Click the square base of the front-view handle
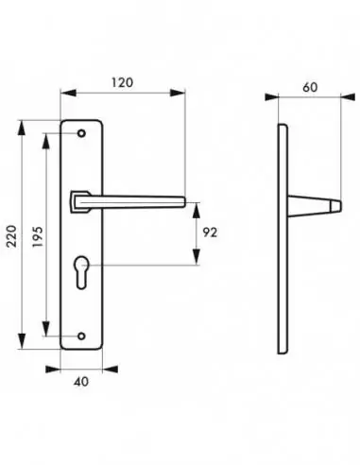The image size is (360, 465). [79, 199]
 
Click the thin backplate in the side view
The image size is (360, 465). [282, 236]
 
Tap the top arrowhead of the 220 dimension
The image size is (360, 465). [24, 124]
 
